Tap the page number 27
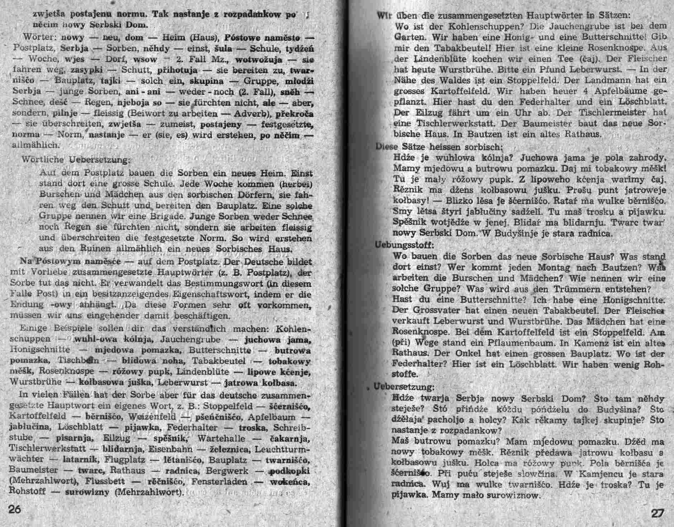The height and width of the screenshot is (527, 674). tap(657, 513)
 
